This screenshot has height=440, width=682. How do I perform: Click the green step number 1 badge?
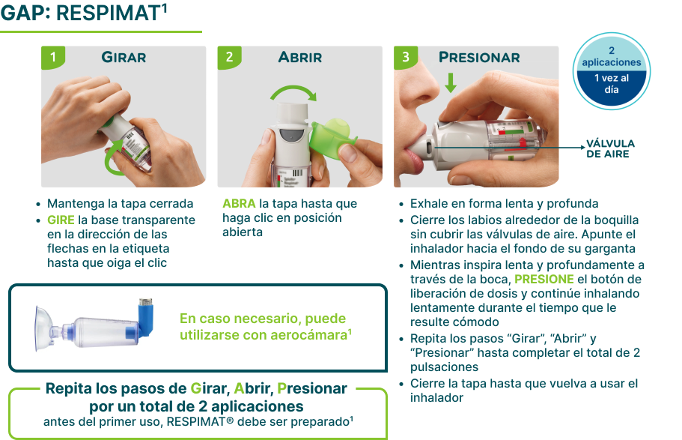[x=53, y=57]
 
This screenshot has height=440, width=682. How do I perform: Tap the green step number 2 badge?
[x=229, y=57]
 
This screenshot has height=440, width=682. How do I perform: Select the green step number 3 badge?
[x=406, y=57]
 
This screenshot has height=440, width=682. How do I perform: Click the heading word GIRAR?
[x=124, y=57]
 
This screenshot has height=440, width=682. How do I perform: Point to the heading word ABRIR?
[x=300, y=57]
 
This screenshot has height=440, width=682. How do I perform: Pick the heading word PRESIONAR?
[x=479, y=57]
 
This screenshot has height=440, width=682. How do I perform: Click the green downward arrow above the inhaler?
[x=451, y=82]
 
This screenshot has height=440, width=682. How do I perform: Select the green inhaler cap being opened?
[x=332, y=137]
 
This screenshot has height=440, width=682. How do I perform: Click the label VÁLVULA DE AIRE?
[x=610, y=148]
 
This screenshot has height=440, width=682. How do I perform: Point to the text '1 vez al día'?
[x=612, y=84]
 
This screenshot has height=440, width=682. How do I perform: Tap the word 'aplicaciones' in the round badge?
[x=612, y=62]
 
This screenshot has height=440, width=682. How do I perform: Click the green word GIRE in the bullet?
[x=61, y=220]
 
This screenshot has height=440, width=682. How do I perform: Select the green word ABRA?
[x=239, y=203]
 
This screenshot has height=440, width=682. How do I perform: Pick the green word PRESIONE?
[x=544, y=280]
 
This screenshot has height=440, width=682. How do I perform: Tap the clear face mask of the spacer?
[x=43, y=328]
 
